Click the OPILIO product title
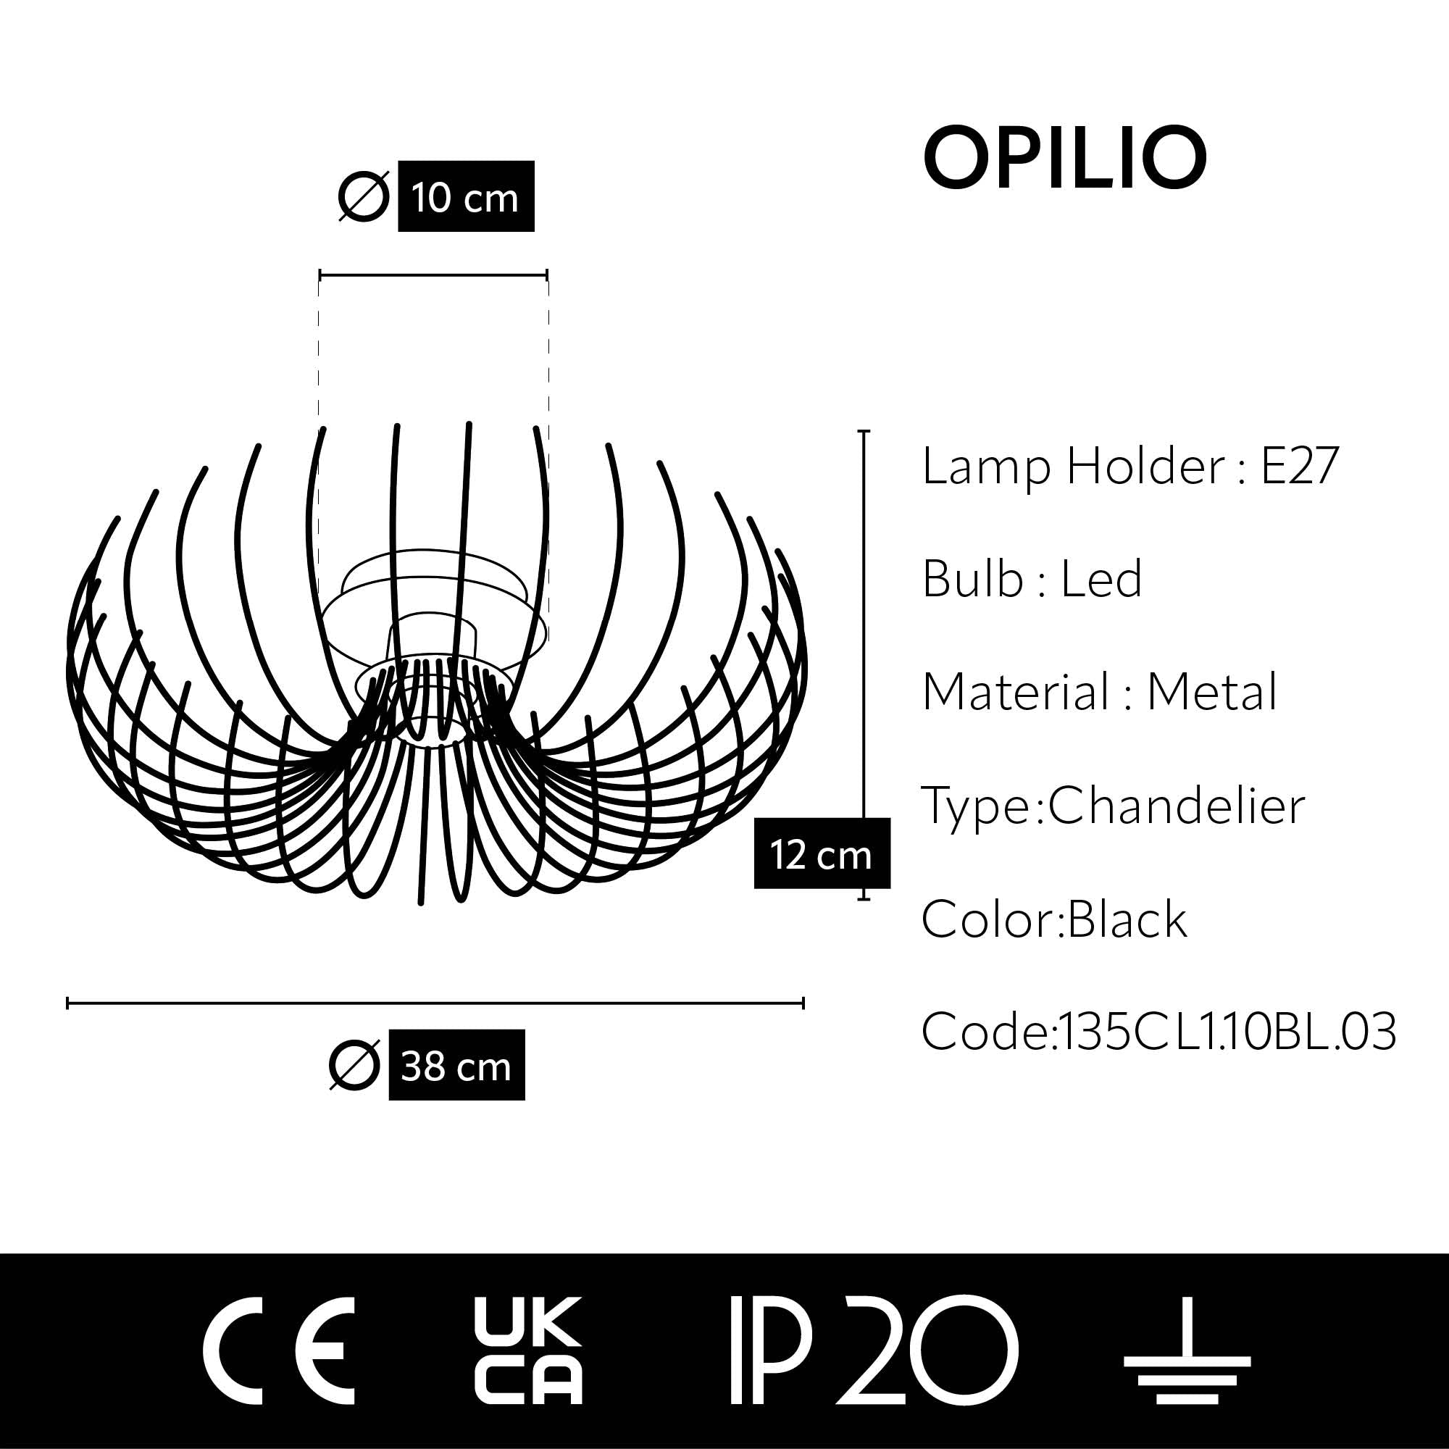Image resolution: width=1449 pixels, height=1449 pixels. pyautogui.click(x=1064, y=159)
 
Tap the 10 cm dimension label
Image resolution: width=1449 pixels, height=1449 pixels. pyautogui.click(x=465, y=196)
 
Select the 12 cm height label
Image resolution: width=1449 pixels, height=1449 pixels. pyautogui.click(x=822, y=854)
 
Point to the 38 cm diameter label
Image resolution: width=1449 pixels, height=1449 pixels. pyautogui.click(x=456, y=1066)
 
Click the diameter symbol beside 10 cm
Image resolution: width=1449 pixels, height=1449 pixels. pyautogui.click(x=364, y=197)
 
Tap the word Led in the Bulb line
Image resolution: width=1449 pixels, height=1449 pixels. pyautogui.click(x=1101, y=579)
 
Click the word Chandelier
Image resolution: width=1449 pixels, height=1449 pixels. pyautogui.click(x=1176, y=806)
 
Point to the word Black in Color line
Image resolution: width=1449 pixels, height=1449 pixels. pyautogui.click(x=1127, y=919)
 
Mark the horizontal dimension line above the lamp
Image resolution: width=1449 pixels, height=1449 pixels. pyautogui.click(x=433, y=275)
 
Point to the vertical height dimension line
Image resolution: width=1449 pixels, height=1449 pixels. pyautogui.click(x=864, y=622)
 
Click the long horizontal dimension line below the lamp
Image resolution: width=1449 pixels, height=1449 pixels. pyautogui.click(x=435, y=1003)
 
